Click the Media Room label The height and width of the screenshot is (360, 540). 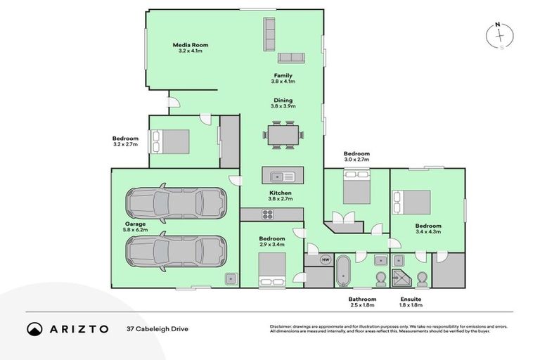(x=191, y=48)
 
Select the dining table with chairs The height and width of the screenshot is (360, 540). (x=283, y=135)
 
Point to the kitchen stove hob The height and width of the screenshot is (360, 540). (x=269, y=214)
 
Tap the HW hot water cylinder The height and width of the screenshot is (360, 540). (x=326, y=259)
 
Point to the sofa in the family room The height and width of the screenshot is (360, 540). (x=290, y=58)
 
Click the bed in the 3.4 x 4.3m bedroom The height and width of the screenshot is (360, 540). (x=411, y=202)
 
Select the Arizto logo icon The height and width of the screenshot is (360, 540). (x=34, y=328)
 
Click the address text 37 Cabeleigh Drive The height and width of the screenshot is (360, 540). (x=157, y=328)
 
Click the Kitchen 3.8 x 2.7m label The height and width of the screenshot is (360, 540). (x=280, y=196)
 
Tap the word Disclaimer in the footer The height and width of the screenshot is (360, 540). (x=281, y=326)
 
